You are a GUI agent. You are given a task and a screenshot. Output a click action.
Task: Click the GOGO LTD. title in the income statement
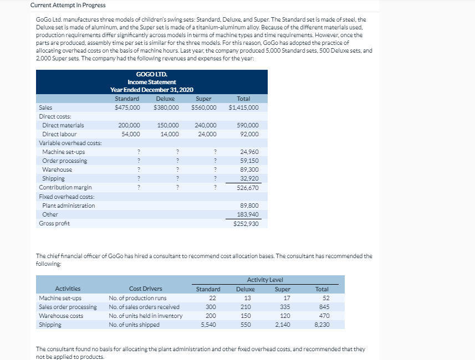[x=151, y=74]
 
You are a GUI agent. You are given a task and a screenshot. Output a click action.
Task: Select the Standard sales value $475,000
[x=127, y=107]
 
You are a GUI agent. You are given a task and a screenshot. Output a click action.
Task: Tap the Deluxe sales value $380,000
[x=166, y=107]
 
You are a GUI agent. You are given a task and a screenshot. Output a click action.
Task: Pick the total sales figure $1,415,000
[x=243, y=107]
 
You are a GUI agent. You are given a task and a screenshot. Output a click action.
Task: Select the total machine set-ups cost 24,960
[x=249, y=152]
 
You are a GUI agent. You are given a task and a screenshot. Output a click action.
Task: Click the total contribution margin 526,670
[x=247, y=188]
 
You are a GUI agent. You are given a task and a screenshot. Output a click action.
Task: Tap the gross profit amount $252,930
[x=246, y=224]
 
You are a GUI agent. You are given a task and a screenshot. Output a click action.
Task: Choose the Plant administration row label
[x=69, y=205]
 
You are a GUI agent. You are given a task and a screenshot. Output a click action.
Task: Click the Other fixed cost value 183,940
[x=247, y=214]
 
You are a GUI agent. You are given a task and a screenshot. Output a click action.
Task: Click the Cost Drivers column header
[x=146, y=289]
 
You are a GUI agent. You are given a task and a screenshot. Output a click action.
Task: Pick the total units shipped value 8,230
[x=321, y=325]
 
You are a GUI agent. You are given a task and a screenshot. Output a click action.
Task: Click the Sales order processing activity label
[x=68, y=307]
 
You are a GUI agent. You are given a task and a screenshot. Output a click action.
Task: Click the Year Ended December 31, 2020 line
[x=151, y=90]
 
